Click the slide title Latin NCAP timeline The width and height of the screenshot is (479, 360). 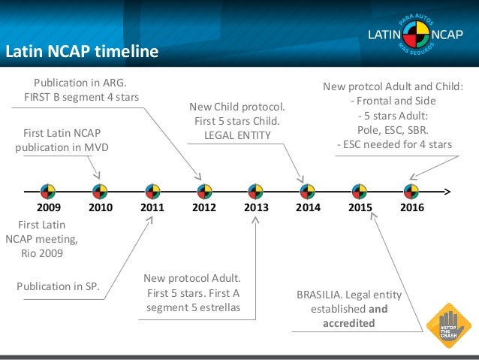(82, 52)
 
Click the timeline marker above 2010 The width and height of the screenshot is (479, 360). (100, 190)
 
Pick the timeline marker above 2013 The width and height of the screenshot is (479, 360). (256, 190)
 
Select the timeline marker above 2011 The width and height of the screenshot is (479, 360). (152, 190)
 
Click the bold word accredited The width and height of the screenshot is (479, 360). (348, 323)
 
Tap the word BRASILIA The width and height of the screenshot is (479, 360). (320, 294)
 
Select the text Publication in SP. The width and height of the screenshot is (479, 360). (58, 285)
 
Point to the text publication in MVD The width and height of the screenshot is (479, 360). (62, 147)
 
